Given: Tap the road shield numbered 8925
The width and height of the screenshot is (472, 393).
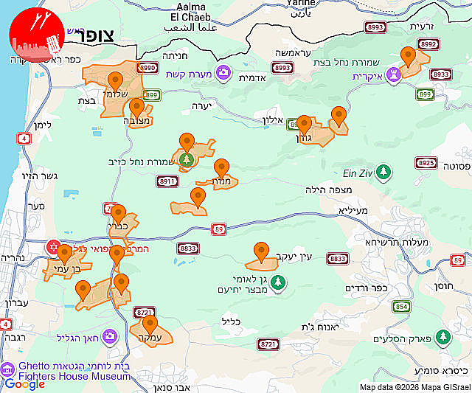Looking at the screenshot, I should [x=426, y=163].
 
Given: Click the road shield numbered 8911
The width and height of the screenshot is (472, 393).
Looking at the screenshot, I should [x=167, y=181].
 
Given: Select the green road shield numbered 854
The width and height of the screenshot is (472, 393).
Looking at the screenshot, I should [x=401, y=307].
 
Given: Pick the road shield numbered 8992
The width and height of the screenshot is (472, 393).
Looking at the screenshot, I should [x=428, y=44].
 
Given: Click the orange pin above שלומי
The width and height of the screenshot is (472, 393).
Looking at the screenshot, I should [x=114, y=81].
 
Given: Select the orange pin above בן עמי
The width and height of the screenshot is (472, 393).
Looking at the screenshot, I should [x=65, y=254].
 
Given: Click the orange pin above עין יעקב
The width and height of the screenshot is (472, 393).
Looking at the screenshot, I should [x=260, y=251].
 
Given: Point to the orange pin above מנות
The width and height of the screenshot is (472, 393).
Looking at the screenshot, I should [x=221, y=167].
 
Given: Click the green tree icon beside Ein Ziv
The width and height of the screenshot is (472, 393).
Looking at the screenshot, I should [x=383, y=173].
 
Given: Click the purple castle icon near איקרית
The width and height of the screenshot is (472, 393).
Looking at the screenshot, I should [x=395, y=74].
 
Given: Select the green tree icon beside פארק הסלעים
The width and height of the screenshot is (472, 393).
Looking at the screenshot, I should [x=442, y=338].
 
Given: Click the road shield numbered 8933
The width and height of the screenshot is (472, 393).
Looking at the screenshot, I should [x=440, y=74].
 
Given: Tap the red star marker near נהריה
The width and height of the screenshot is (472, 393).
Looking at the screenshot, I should [x=52, y=246].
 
